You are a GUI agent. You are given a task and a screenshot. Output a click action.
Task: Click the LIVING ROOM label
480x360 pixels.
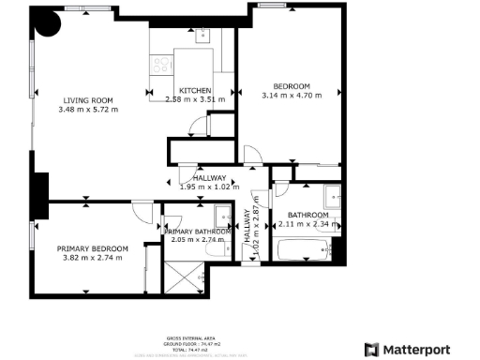89,100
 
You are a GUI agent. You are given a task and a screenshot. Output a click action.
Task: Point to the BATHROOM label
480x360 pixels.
307,215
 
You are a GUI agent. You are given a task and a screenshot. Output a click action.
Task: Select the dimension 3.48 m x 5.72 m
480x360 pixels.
89,110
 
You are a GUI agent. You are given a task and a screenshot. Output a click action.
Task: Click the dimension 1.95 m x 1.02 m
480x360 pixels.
209,186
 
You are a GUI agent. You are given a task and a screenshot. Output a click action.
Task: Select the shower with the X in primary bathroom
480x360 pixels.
181,276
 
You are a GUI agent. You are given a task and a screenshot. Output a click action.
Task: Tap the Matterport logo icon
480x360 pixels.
370,350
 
